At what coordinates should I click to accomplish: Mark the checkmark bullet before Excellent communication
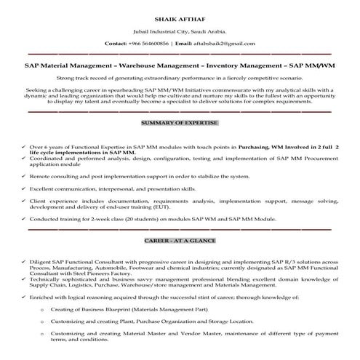24,188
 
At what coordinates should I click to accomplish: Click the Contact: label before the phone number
117,44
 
